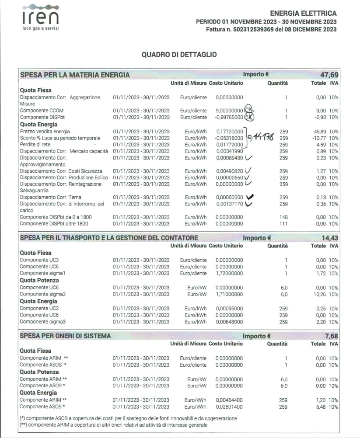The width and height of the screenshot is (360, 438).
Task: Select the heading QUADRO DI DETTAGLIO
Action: tap(179, 55)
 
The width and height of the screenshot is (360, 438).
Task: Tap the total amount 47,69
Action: tap(329, 75)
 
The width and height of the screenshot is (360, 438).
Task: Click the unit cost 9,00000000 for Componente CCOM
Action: tap(229, 111)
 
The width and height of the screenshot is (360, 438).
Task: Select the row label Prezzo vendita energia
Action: tap(45, 132)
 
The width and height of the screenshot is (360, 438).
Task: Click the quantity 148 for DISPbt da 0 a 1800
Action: tap(283, 217)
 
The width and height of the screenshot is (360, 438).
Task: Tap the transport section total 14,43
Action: tap(329, 238)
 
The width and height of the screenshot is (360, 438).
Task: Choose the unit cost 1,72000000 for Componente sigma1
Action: tap(229, 273)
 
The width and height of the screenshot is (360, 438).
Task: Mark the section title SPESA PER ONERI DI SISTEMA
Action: tap(66, 336)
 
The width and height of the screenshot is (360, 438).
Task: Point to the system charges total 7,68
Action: tap(332, 336)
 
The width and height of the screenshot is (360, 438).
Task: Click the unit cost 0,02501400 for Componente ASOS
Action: tap(229, 407)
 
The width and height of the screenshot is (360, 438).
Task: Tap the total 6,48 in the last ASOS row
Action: tap(325, 407)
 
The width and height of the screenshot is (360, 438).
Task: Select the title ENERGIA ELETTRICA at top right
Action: tap(303, 14)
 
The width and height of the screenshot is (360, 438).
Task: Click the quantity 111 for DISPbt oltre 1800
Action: tap(283, 224)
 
